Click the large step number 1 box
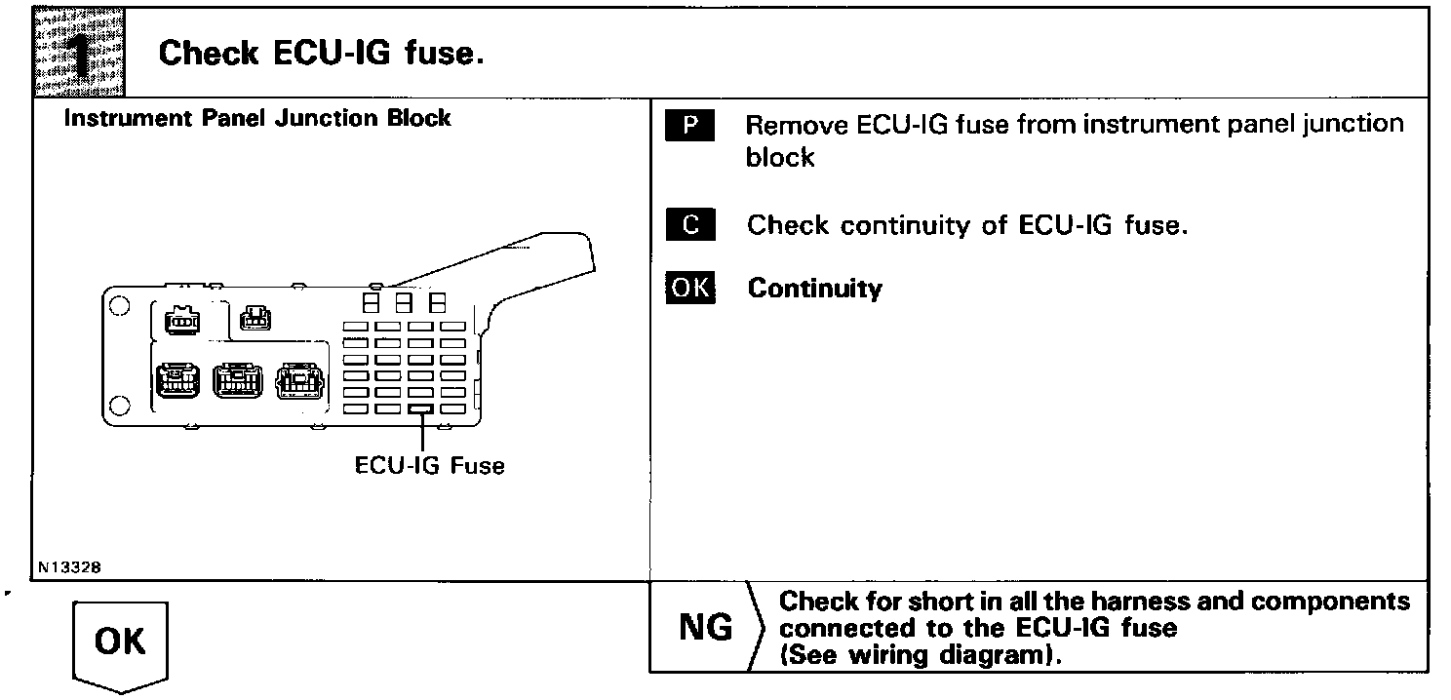pos(78,51)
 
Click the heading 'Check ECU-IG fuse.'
pos(321,53)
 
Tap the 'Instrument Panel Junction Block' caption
pos(256,119)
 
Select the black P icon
pos(690,126)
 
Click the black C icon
pos(690,225)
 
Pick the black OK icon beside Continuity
pos(690,289)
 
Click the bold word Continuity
pos(814,289)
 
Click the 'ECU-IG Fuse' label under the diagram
pos(430,465)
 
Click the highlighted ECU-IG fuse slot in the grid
pos(421,409)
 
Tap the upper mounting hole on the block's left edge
pos(119,305)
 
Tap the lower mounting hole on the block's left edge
pos(119,405)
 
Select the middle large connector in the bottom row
pos(237,380)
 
